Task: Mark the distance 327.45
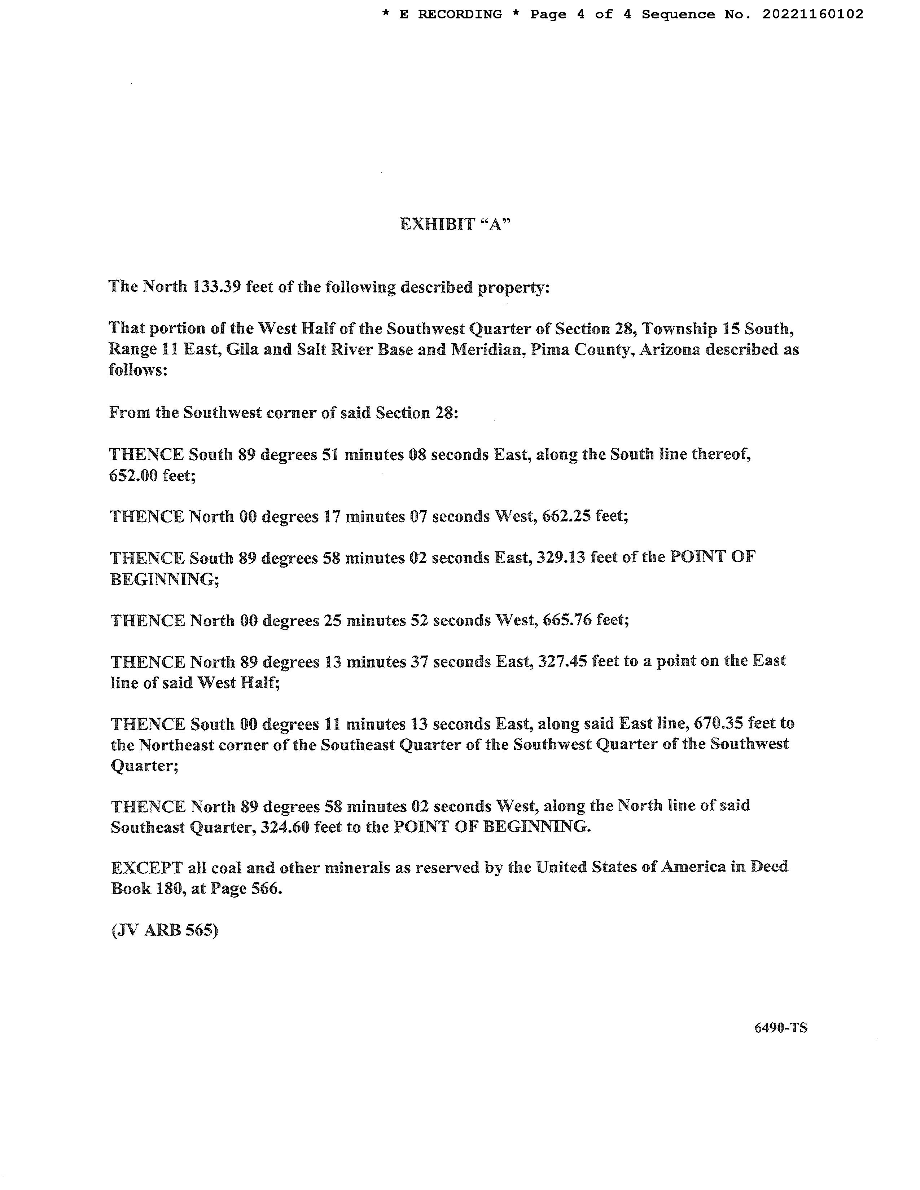(x=562, y=661)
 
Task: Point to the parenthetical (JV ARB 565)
(x=165, y=930)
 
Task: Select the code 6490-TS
(x=780, y=1028)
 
